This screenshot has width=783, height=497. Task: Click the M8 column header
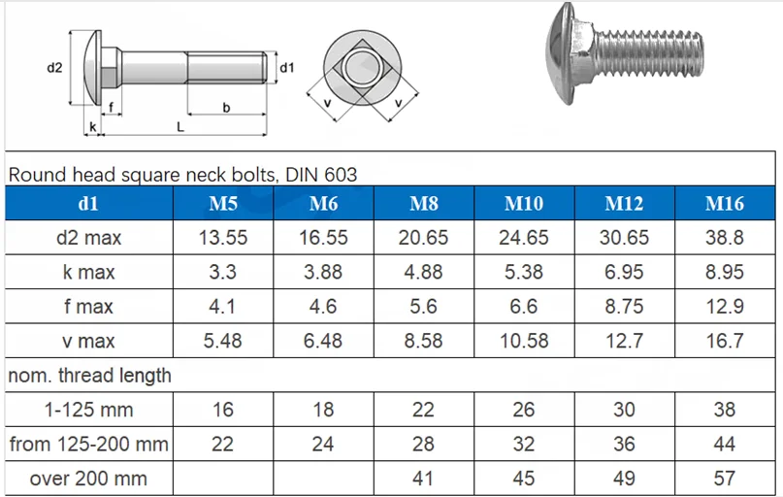pos(423,204)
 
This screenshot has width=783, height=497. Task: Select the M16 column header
pos(724,204)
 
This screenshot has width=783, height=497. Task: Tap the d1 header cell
pos(88,204)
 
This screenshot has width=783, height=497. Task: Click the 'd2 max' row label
pos(88,238)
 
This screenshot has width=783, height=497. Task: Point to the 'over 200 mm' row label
pos(88,479)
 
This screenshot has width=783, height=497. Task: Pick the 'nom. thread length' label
pos(89,375)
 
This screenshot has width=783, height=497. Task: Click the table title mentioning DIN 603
pos(182,175)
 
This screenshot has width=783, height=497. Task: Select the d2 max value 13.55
pos(222,238)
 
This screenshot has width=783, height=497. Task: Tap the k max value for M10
pos(523,273)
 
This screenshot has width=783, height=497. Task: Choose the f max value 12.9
pos(724,307)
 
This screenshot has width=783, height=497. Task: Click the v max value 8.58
pos(423,341)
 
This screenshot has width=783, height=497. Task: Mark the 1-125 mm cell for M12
pos(624,410)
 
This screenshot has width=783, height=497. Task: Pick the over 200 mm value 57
pos(724,479)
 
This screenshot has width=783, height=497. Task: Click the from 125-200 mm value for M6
pos(322,445)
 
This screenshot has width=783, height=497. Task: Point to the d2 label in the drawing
pos(54,67)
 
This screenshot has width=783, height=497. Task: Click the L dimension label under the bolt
pos(180,126)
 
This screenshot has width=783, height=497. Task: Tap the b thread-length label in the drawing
pos(226,108)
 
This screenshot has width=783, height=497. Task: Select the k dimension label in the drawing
pos(92,127)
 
